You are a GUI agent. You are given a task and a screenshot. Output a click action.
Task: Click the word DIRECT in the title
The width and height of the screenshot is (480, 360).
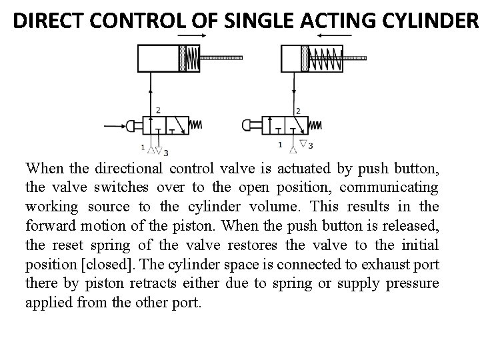[48, 21]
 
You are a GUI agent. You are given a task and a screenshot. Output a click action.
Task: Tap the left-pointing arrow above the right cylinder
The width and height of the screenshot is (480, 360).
[337, 34]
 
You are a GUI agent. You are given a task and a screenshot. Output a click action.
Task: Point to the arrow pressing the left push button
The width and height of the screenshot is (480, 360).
[112, 124]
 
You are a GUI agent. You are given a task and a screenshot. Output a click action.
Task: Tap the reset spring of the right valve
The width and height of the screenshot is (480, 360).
[315, 125]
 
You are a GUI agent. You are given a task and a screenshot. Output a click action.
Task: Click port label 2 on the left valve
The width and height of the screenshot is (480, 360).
[158, 110]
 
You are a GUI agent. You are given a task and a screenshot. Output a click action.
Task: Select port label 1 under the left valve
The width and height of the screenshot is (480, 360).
[143, 147]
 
